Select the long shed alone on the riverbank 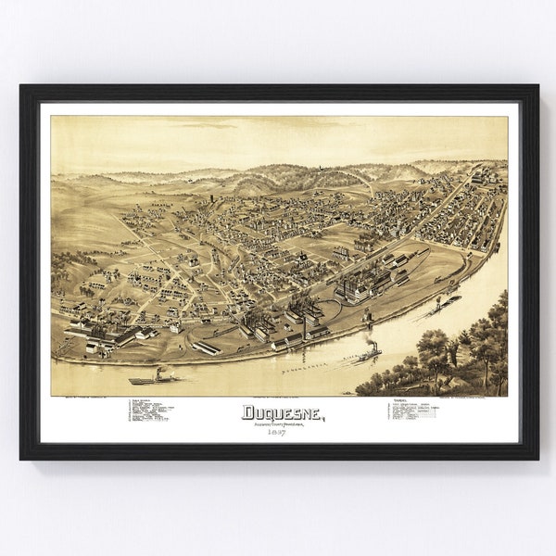pos(206,347)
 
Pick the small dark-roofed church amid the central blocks pos(301,257)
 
